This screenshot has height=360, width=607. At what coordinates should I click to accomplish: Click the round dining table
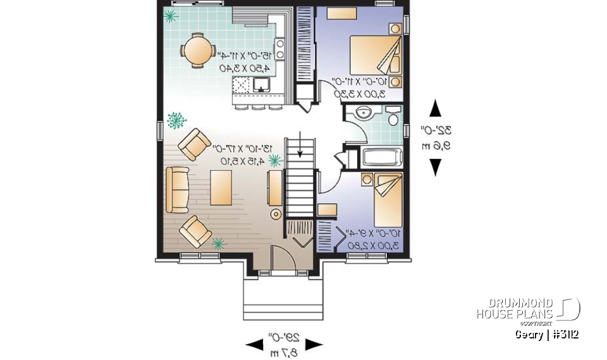(197, 50)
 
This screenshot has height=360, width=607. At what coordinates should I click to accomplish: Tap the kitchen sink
(261, 84)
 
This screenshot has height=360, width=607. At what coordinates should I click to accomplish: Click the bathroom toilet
(393, 118)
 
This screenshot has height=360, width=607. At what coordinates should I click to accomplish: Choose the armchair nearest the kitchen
(193, 144)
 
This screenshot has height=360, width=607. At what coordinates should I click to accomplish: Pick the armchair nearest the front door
(195, 232)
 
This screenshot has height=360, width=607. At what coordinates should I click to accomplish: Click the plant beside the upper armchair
(176, 118)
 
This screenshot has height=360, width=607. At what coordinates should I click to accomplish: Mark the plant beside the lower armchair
(219, 244)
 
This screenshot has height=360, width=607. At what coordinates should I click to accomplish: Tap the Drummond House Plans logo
(528, 309)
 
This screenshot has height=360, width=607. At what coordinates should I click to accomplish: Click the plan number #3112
(565, 334)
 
